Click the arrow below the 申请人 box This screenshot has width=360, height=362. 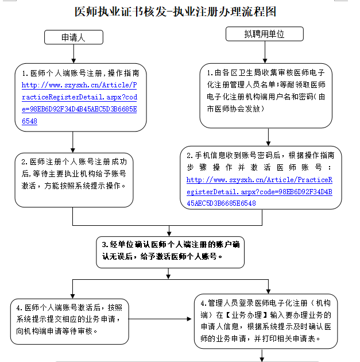pos(73,55)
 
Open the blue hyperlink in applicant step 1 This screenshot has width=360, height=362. pos(79,103)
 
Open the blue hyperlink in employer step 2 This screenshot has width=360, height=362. pos(260,191)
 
